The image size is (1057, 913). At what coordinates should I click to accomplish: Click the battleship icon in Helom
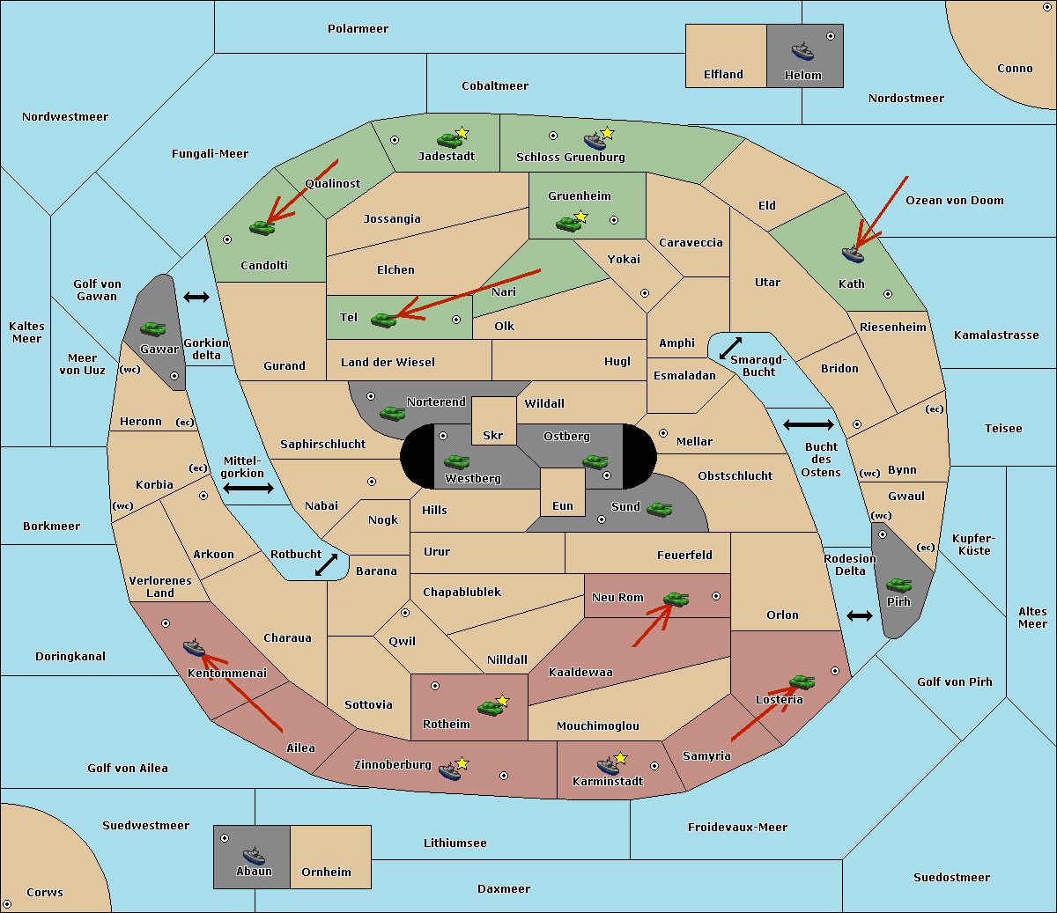[x=802, y=51]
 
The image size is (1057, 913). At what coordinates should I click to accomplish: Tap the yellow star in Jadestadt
[x=462, y=133]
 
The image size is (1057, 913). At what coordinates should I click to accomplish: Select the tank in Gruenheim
[x=568, y=224]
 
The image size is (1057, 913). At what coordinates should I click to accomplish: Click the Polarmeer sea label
[x=358, y=29]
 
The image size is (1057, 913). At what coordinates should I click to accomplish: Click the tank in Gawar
[x=153, y=328]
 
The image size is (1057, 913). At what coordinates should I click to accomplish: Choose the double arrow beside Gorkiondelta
[x=196, y=297]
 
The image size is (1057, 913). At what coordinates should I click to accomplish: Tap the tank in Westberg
[x=456, y=461]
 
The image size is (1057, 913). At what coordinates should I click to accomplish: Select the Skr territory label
[x=492, y=435]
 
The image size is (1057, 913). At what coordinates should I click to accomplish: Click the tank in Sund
[x=659, y=509]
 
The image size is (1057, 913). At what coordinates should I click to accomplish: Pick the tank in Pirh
[x=898, y=585]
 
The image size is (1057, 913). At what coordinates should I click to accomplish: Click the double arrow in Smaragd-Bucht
[x=730, y=348]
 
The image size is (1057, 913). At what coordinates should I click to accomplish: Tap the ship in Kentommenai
[x=195, y=647]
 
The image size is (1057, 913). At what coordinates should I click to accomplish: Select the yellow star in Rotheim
[x=502, y=700]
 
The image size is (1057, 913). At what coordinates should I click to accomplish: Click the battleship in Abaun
[x=254, y=856]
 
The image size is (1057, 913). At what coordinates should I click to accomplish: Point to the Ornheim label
[x=326, y=873]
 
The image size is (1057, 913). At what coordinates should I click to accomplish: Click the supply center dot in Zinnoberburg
[x=504, y=776]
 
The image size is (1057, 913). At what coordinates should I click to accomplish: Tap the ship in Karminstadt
[x=608, y=766]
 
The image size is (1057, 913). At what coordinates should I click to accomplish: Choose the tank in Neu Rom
[x=676, y=599]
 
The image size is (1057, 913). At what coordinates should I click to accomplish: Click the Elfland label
[x=723, y=75]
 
